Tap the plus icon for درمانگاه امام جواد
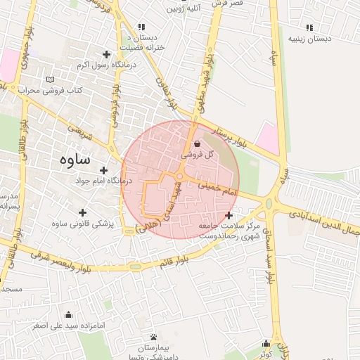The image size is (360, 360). (x=103, y=170)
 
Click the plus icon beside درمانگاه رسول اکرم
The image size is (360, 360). (x=107, y=54)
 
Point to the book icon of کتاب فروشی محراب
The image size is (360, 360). (x=49, y=79)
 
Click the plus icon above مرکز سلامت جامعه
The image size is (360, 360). (x=228, y=214)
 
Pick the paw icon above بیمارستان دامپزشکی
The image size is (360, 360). (x=154, y=337)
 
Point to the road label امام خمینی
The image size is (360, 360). (x=219, y=188)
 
